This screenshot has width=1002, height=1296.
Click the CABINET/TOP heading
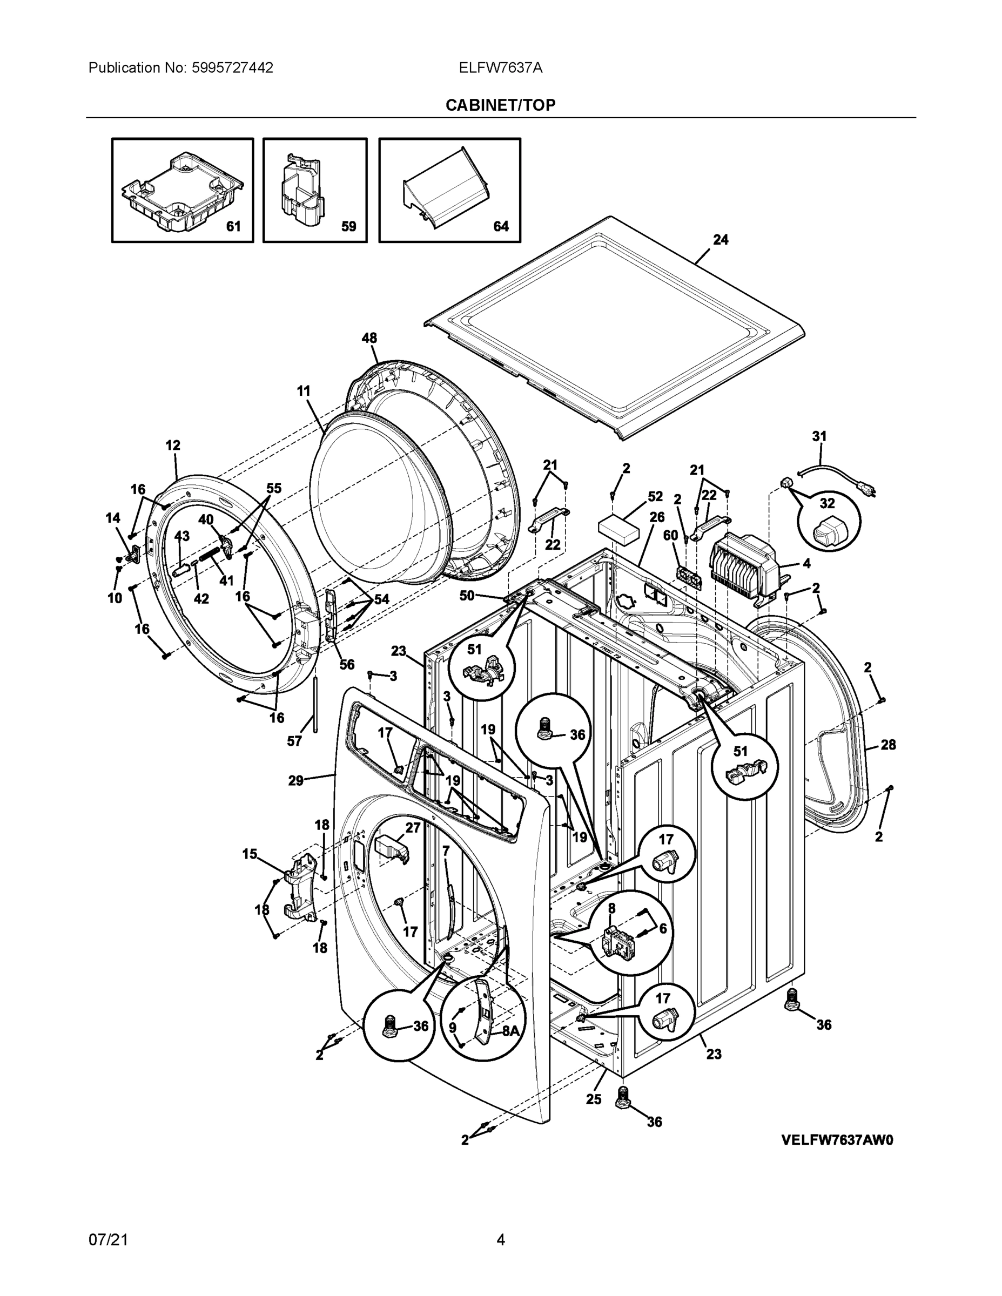(500, 105)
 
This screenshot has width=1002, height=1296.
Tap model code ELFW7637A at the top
(500, 67)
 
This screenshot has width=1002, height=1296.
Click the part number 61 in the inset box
(233, 226)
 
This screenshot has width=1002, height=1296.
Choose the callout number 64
(501, 226)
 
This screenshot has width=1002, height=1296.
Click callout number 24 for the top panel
(721, 240)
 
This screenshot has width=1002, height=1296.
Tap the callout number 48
(369, 338)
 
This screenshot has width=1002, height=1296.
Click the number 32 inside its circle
(827, 504)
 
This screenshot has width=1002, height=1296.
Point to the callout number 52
(655, 496)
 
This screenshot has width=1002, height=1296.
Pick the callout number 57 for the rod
(294, 741)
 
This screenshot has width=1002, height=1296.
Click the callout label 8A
(510, 1031)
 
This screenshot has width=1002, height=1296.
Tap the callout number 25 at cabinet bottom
(594, 1099)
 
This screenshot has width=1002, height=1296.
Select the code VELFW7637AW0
(837, 1140)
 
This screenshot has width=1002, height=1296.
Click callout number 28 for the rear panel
(888, 745)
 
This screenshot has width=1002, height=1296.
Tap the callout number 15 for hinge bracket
(250, 854)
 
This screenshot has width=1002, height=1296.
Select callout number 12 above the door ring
(173, 445)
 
